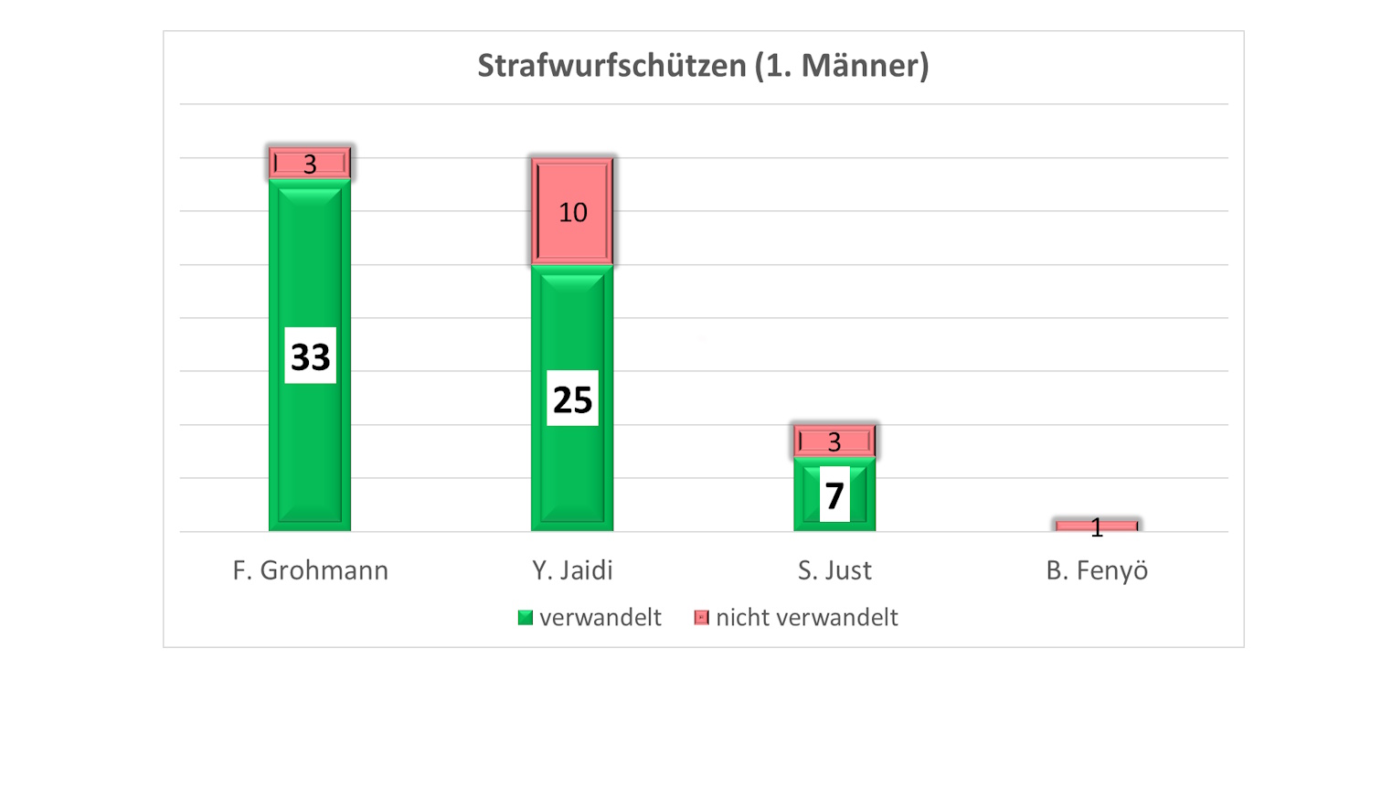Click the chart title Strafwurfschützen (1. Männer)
click(702, 66)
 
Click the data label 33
click(310, 356)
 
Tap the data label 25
click(572, 399)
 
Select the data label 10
click(572, 212)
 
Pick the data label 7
click(834, 495)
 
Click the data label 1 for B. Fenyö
click(1097, 526)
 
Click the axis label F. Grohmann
click(310, 570)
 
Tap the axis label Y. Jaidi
click(572, 570)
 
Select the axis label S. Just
click(834, 570)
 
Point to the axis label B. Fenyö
click(1097, 570)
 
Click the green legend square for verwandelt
click(525, 618)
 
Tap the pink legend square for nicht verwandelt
click(701, 618)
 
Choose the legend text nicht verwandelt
click(807, 618)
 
